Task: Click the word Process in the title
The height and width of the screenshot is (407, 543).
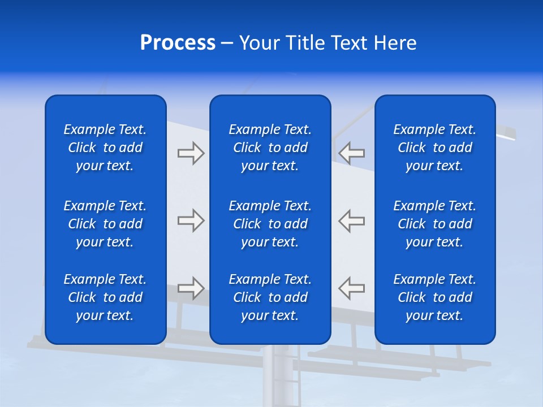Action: pyautogui.click(x=178, y=43)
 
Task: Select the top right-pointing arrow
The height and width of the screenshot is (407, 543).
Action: pyautogui.click(x=191, y=153)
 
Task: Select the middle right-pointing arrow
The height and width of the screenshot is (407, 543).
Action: pyautogui.click(x=191, y=220)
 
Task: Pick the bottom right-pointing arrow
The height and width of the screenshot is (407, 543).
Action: pyautogui.click(x=191, y=288)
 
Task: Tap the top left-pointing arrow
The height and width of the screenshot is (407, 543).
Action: pyautogui.click(x=352, y=153)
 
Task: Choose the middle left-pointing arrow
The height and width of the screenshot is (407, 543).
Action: pyautogui.click(x=352, y=220)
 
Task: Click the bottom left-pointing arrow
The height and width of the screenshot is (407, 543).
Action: pyautogui.click(x=352, y=288)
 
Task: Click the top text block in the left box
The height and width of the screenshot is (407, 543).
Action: pyautogui.click(x=105, y=148)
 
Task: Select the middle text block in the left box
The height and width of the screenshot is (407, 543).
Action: pyautogui.click(x=105, y=224)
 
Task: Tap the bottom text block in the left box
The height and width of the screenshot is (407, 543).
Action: pyautogui.click(x=105, y=297)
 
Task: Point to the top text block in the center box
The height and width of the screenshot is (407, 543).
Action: pyautogui.click(x=270, y=148)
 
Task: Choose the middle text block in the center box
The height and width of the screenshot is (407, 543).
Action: pyautogui.click(x=270, y=224)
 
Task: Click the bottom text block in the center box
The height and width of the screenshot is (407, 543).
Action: pyautogui.click(x=270, y=297)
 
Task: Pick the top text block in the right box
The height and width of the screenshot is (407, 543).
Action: pyautogui.click(x=435, y=148)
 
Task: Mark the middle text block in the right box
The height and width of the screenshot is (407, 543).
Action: pyautogui.click(x=435, y=224)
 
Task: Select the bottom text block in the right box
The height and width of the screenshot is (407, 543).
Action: pyautogui.click(x=435, y=297)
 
